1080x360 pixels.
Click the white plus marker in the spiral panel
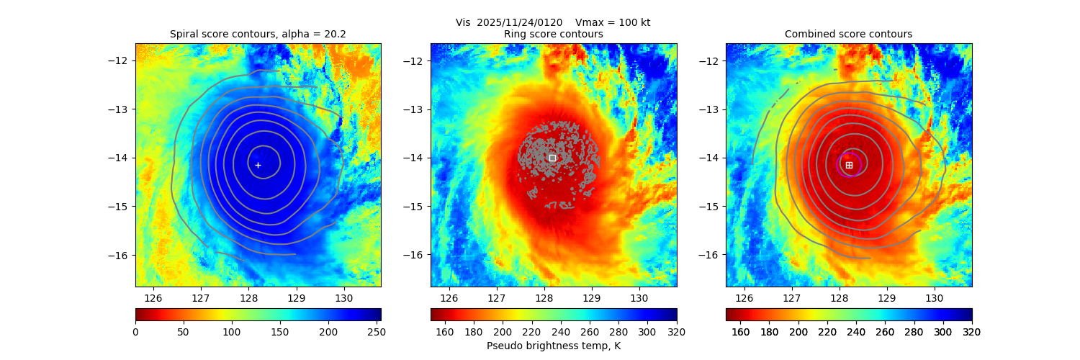pos(258,165)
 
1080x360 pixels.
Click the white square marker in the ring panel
pos(552,158)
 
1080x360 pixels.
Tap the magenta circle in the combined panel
pos(849,164)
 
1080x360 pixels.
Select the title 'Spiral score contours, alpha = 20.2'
pos(258,34)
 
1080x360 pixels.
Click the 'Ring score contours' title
pos(553,34)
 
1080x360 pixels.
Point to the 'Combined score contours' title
pos(848,34)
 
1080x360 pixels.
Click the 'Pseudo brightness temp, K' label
pos(553,346)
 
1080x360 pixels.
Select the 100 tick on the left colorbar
pos(232,331)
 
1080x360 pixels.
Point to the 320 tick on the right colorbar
pos(971,331)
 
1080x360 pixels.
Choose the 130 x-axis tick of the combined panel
pos(934,297)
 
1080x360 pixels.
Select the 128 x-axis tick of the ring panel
pos(544,297)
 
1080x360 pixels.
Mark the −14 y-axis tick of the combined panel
pos(708,158)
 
